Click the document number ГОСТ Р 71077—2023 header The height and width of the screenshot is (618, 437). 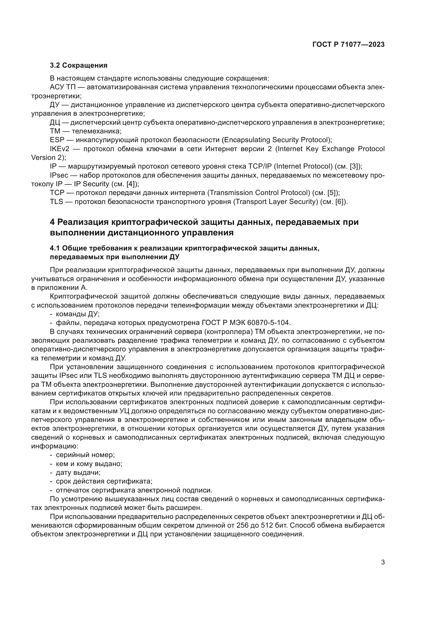coord(348,45)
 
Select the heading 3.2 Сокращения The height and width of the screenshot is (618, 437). coord(78,66)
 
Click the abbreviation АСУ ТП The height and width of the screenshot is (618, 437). coord(63,87)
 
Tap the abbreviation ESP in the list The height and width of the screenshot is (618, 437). coord(57,140)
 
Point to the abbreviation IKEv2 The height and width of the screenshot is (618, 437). coord(59,149)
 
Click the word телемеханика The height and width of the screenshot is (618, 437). coord(96,131)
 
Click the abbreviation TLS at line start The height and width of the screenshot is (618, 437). coord(57,202)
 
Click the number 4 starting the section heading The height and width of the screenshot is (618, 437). coord(53,222)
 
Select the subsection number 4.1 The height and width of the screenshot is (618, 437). coord(55,248)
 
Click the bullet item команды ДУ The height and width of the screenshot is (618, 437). coord(77,314)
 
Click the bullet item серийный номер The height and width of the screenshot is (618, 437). coord(85,455)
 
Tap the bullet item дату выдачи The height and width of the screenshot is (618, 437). coord(78,473)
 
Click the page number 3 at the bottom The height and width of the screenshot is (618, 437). coord(383,562)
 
